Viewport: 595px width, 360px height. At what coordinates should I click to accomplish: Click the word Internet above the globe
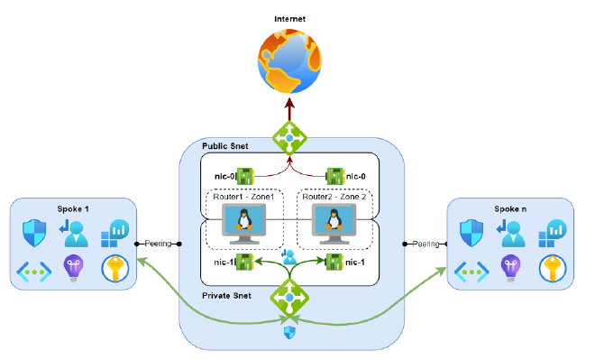pos(289,18)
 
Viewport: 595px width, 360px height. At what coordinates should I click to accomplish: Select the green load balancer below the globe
pos(290,137)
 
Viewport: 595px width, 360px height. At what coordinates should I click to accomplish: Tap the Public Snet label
pos(224,145)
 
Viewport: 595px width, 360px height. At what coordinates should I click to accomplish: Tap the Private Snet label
pos(225,295)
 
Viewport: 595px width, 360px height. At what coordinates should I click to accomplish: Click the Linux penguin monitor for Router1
pos(243,220)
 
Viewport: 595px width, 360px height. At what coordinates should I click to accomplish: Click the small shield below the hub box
pos(290,333)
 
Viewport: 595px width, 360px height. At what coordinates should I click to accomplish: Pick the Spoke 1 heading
pos(75,208)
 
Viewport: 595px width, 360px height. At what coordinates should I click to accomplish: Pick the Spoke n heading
pos(511,208)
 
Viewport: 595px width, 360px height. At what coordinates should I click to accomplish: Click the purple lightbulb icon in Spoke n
pos(509,268)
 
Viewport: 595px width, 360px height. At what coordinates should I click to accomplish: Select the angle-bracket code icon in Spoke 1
pos(32,269)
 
